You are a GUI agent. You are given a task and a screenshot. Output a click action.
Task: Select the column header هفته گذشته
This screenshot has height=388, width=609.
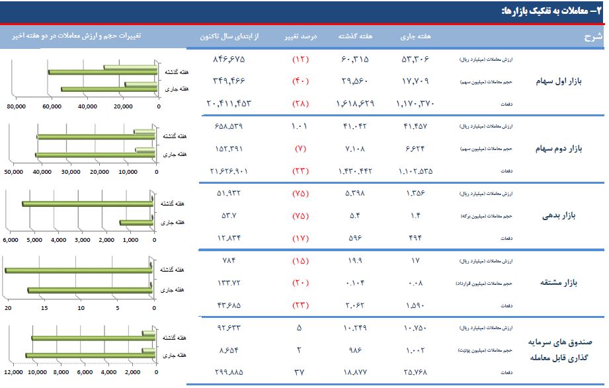[355, 36]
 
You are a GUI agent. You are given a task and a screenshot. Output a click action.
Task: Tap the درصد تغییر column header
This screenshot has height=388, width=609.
[301, 36]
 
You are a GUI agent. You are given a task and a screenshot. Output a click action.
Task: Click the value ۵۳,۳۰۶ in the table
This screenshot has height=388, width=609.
[415, 59]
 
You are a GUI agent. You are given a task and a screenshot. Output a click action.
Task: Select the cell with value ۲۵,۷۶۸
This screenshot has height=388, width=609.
[415, 372]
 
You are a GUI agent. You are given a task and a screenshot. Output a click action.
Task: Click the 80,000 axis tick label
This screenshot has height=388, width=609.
[15, 106]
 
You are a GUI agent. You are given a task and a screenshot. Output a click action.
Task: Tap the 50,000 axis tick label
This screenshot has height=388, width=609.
[14, 173]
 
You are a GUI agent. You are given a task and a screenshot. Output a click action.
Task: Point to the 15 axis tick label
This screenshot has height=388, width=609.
[45, 307]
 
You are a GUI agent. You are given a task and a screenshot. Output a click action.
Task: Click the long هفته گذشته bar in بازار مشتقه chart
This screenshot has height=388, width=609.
[79, 270]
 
